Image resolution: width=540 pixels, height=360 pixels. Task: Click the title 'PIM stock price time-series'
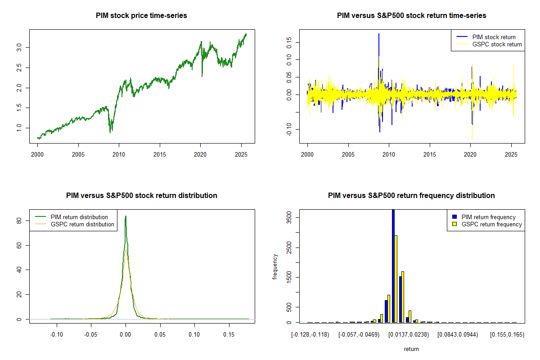(x=141, y=15)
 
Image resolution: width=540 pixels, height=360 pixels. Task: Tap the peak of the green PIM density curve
(x=126, y=216)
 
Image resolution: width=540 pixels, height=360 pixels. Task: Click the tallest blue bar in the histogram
(x=393, y=265)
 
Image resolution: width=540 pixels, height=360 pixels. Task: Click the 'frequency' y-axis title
(x=275, y=267)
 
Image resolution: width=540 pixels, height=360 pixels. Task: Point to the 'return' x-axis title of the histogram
(x=411, y=349)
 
